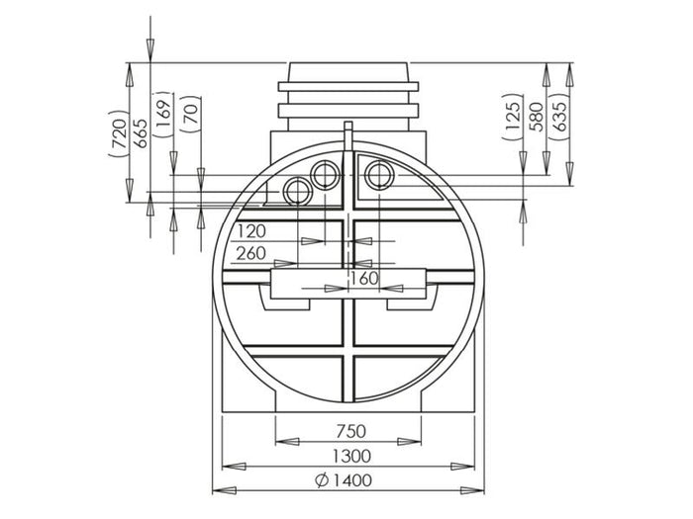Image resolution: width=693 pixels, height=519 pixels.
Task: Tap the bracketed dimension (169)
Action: tap(164, 114)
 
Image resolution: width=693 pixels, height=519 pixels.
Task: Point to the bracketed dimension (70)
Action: tap(191, 116)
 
